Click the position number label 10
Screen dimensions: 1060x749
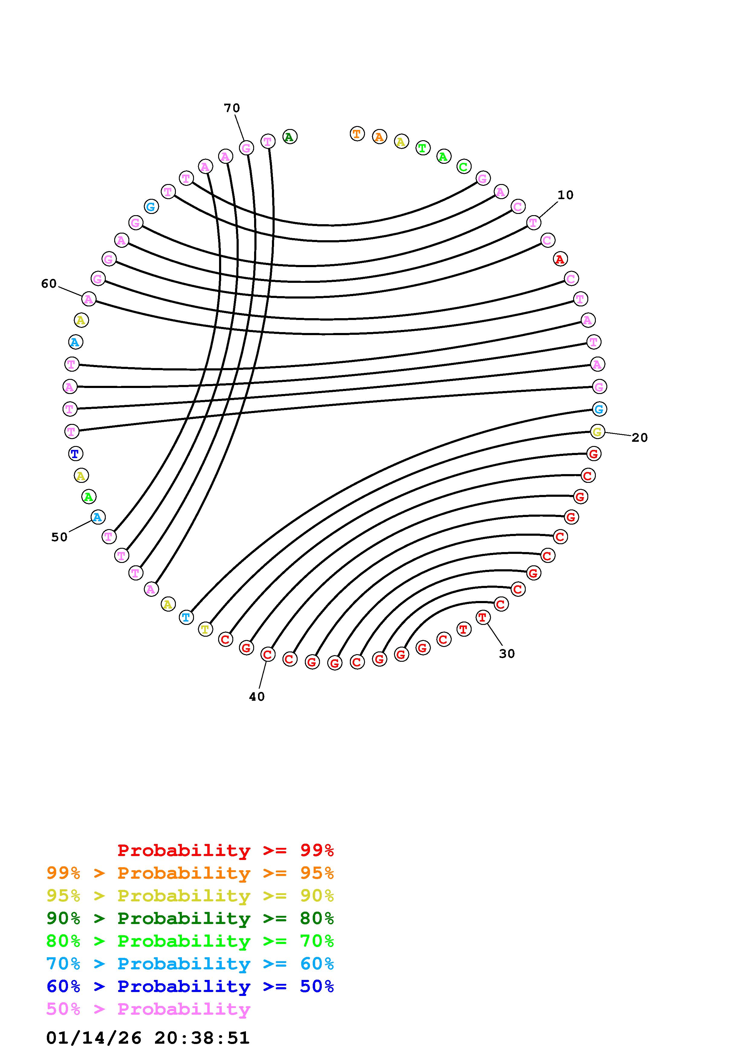click(x=565, y=195)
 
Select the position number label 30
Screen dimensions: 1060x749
click(x=507, y=653)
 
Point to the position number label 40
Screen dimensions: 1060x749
click(x=257, y=697)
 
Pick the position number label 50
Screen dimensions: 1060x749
click(x=60, y=537)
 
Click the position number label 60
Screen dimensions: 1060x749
click(x=49, y=283)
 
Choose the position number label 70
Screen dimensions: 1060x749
click(x=232, y=108)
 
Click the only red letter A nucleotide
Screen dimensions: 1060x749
click(x=560, y=260)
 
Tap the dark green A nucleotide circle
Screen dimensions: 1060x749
click(x=289, y=137)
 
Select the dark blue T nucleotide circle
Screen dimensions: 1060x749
click(x=75, y=454)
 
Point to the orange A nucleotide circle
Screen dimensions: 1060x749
click(x=379, y=137)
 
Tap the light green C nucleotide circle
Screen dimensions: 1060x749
click(x=464, y=167)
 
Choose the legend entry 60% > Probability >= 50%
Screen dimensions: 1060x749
click(x=190, y=987)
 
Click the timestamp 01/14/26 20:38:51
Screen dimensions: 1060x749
click(x=148, y=1038)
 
